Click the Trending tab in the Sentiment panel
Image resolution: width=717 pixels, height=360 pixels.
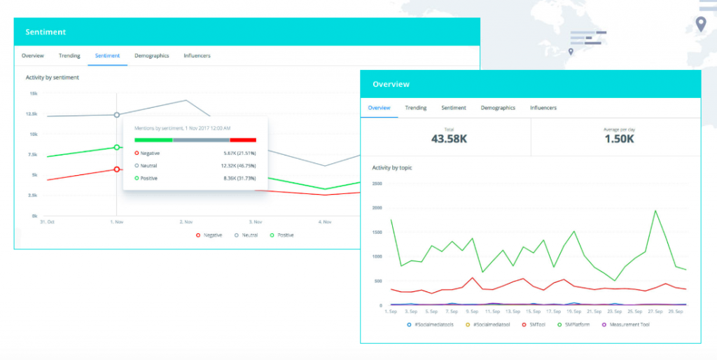click(x=69, y=55)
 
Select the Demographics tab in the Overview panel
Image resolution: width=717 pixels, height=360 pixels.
click(x=498, y=108)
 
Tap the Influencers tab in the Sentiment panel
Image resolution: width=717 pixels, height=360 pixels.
click(x=197, y=55)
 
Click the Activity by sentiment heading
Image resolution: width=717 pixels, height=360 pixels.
click(x=52, y=78)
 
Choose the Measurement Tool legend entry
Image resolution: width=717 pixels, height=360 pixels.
click(x=629, y=324)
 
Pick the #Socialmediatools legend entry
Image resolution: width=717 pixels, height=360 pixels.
click(x=433, y=324)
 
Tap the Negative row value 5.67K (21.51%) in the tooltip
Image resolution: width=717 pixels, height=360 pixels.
click(x=239, y=153)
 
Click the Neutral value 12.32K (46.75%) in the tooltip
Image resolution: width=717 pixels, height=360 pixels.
click(x=238, y=165)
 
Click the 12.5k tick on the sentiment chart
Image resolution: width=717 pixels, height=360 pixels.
click(x=32, y=114)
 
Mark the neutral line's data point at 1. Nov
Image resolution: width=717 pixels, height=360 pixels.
click(x=117, y=115)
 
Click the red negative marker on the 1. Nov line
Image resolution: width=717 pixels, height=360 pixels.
click(x=117, y=169)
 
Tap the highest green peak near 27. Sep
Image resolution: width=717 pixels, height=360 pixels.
click(x=655, y=211)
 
